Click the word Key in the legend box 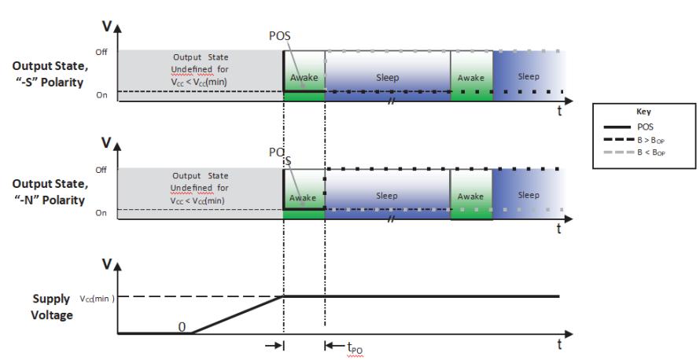(643, 112)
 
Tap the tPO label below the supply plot (355, 347)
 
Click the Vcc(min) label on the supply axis (97, 299)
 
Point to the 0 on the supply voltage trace (182, 327)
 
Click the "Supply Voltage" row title (52, 307)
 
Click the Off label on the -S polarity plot (101, 52)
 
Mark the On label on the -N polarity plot (101, 213)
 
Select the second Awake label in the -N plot (470, 197)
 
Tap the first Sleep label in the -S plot (387, 78)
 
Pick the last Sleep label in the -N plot (529, 196)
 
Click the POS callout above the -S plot (279, 35)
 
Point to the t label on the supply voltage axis (559, 344)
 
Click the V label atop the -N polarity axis (107, 143)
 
